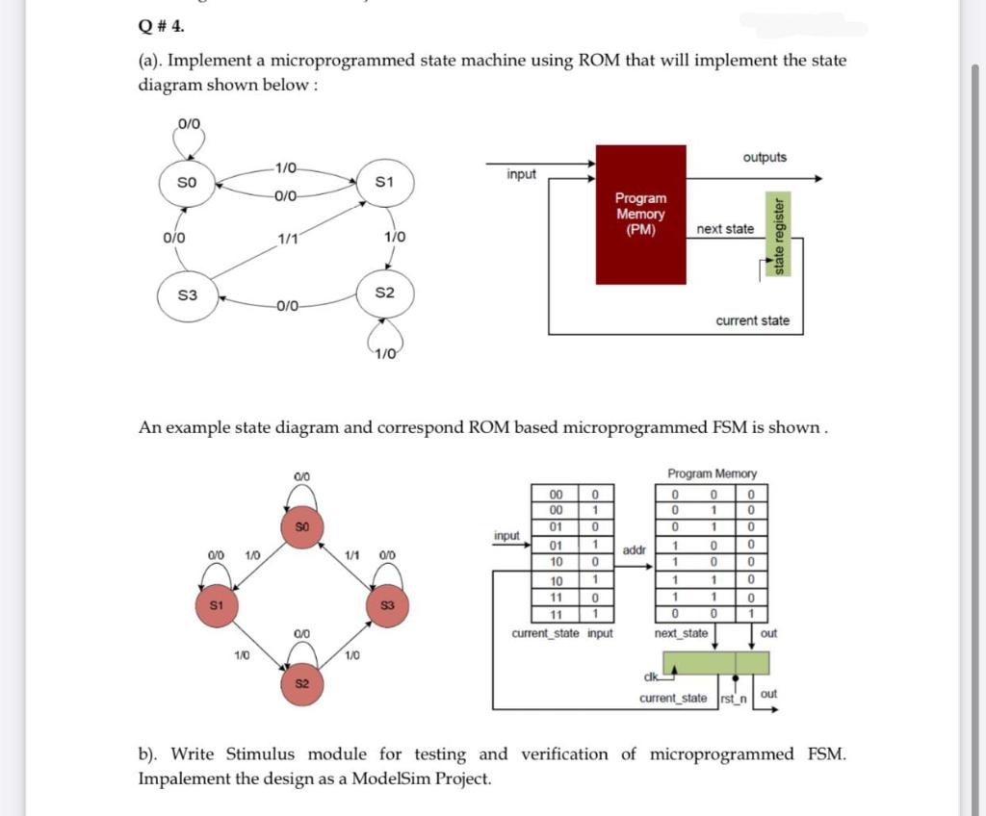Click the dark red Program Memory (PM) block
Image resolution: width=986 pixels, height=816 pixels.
click(x=640, y=214)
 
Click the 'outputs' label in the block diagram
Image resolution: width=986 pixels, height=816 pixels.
click(x=765, y=157)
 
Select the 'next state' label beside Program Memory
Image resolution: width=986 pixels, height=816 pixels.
click(x=725, y=229)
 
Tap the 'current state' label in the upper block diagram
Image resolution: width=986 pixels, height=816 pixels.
click(x=752, y=320)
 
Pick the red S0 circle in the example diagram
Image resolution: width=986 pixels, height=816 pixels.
click(x=300, y=526)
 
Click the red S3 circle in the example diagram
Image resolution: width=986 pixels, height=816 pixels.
click(x=387, y=605)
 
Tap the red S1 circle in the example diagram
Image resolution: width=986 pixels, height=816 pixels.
click(x=216, y=605)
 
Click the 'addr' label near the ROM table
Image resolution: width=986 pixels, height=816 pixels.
click(x=635, y=549)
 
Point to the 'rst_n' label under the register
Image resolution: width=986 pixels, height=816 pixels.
click(x=734, y=698)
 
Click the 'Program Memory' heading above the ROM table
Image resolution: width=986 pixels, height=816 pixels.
click(x=712, y=473)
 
